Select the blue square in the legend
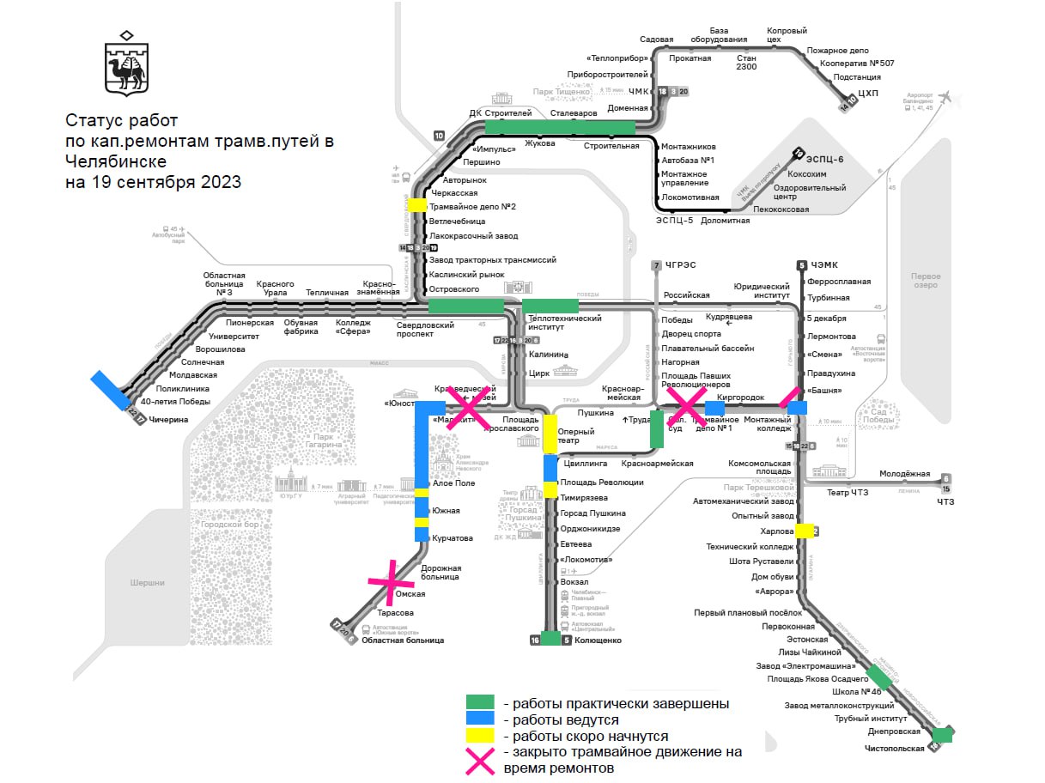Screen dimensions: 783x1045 481,720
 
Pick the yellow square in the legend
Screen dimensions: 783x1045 481,736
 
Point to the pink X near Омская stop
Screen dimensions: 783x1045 391,581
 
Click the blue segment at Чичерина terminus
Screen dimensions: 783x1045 111,390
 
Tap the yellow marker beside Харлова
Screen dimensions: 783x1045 805,531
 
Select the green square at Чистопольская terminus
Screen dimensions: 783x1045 943,734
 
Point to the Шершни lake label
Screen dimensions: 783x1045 147,583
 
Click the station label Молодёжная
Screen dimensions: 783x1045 904,474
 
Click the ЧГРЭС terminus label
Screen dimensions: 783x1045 678,265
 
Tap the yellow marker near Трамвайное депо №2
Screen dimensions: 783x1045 417,205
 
